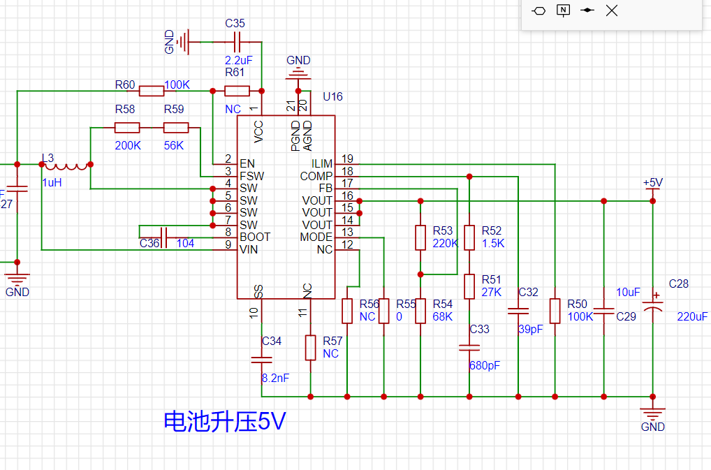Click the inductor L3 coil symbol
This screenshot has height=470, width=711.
pyautogui.click(x=66, y=166)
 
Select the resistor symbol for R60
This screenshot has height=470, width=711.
pyautogui.click(x=152, y=91)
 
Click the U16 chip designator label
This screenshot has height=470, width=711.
pyautogui.click(x=332, y=97)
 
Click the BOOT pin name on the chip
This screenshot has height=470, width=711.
pyautogui.click(x=254, y=237)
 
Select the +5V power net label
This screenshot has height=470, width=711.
pyautogui.click(x=652, y=183)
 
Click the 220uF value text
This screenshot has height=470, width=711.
pyautogui.click(x=692, y=316)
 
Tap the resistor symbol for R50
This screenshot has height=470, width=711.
pyautogui.click(x=555, y=311)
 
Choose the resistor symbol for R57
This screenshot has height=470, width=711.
pyautogui.click(x=310, y=347)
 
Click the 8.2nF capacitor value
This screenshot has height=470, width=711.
pyautogui.click(x=275, y=378)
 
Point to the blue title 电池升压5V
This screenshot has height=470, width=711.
pyautogui.click(x=224, y=422)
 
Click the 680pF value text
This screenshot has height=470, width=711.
pyautogui.click(x=485, y=365)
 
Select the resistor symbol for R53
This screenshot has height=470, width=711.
pyautogui.click(x=420, y=237)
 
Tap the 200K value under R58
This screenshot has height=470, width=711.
pyautogui.click(x=128, y=146)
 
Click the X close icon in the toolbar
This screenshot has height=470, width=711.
pyautogui.click(x=612, y=10)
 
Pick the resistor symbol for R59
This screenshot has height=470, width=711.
pyautogui.click(x=176, y=127)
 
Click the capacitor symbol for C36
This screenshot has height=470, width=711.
pyautogui.click(x=165, y=237)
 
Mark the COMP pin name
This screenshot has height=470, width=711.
pyautogui.click(x=316, y=176)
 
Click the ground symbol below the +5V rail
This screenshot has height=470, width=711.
pyautogui.click(x=652, y=412)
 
